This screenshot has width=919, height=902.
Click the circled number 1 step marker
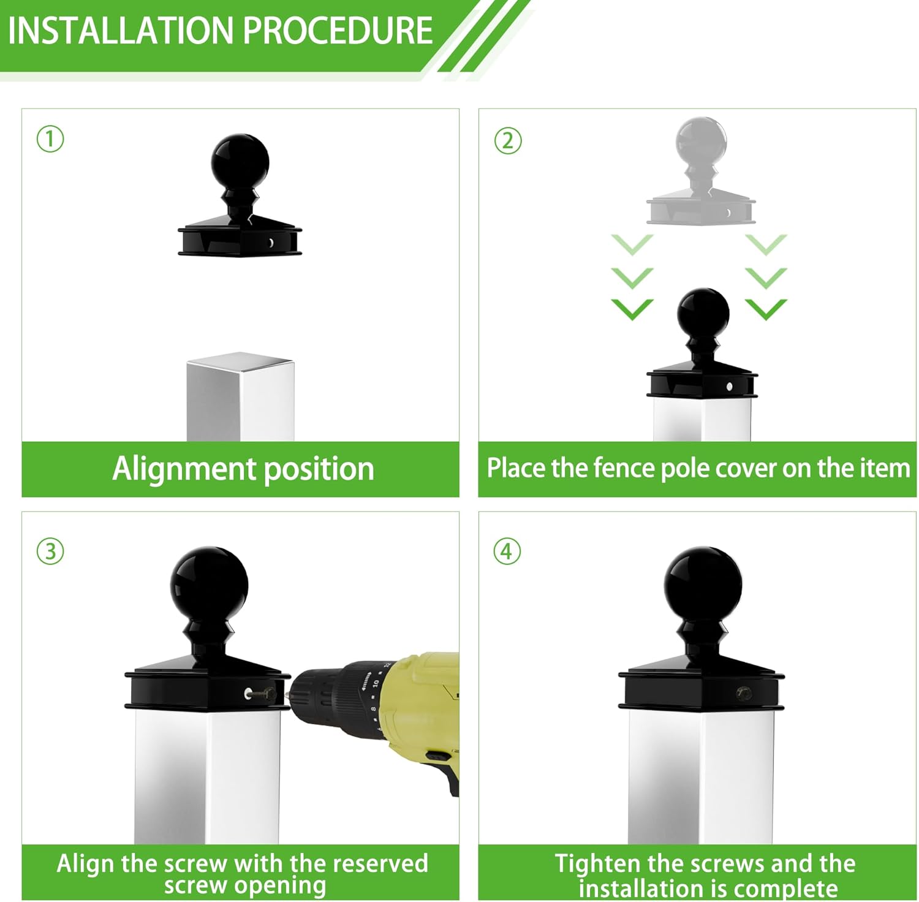coord(50,139)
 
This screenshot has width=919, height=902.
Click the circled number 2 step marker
coord(507,140)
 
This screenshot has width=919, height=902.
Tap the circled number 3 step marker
coord(50,551)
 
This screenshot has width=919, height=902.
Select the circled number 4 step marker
coord(507,551)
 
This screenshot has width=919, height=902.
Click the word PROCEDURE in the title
coord(338,31)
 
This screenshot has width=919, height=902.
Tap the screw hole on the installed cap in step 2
coord(729,387)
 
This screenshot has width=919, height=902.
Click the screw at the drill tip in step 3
coord(268,694)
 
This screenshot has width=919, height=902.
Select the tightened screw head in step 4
coord(744,694)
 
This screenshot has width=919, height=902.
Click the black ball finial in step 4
coord(703,582)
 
